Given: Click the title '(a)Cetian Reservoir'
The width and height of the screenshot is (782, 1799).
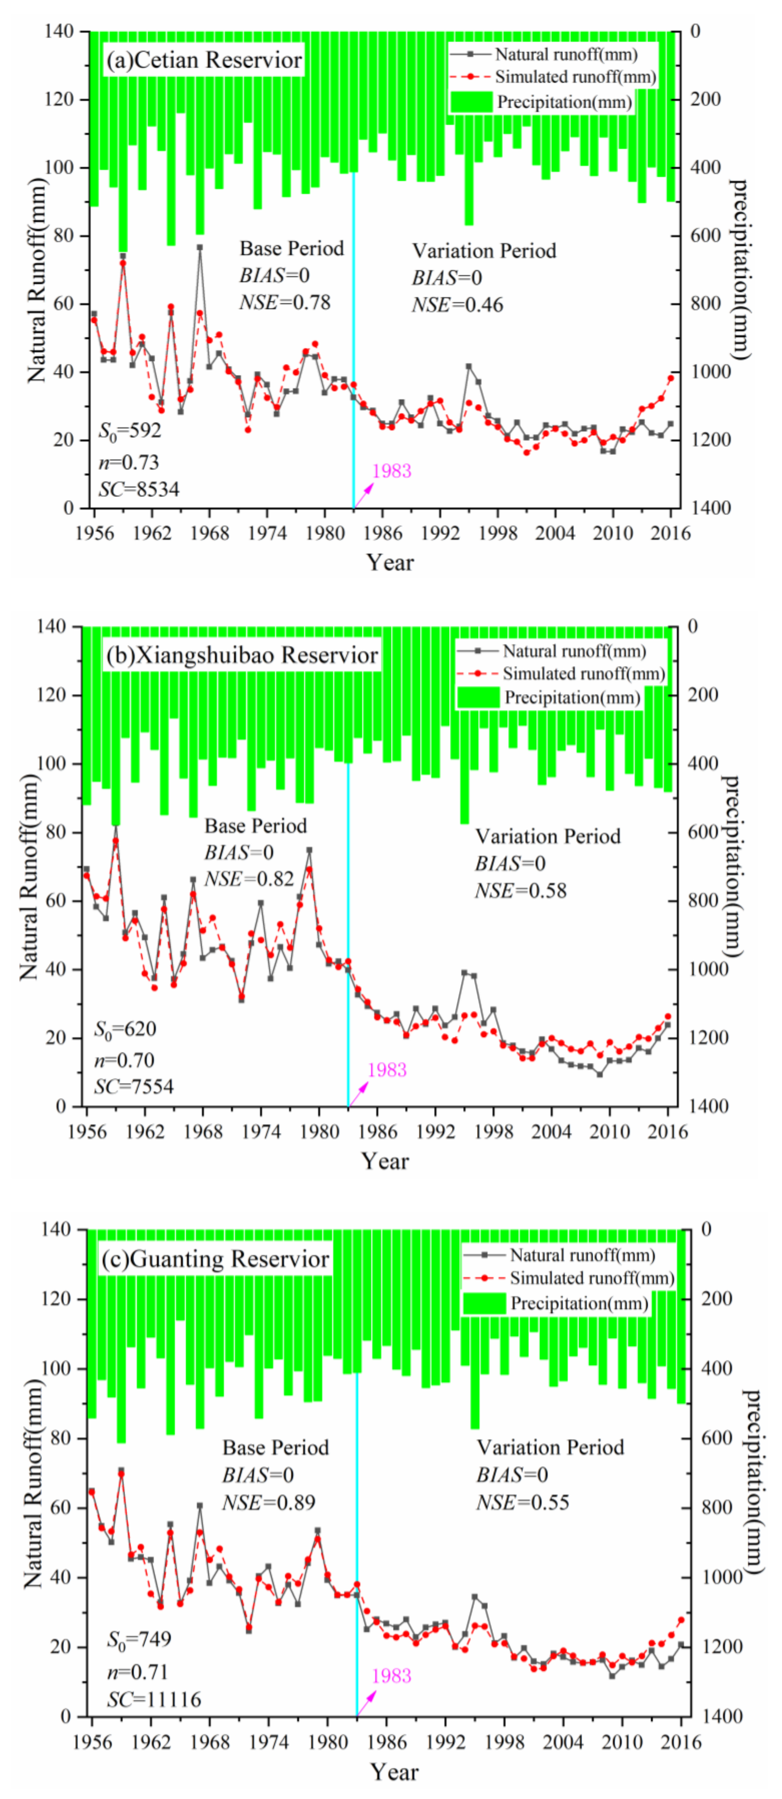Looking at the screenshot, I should [204, 60].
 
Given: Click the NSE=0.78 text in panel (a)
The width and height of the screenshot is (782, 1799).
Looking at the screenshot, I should [285, 302].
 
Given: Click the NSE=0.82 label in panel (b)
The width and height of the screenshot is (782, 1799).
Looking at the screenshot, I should [249, 878].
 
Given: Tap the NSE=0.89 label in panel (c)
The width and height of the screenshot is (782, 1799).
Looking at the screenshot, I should [269, 1502].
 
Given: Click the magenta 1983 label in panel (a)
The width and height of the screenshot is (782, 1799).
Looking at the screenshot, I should [392, 471].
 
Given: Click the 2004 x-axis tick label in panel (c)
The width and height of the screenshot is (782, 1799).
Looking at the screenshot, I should [563, 1742].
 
